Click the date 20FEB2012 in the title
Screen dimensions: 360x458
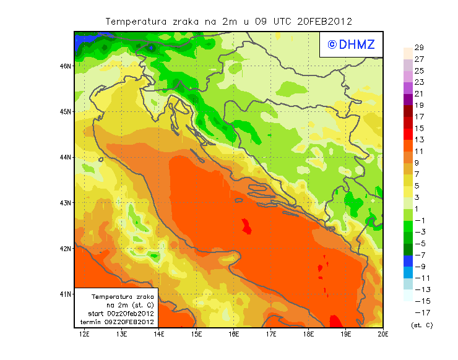click(x=324, y=21)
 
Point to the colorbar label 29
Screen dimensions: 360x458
click(x=418, y=48)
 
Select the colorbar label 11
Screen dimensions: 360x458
click(x=418, y=152)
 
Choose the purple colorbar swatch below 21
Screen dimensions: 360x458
click(x=407, y=100)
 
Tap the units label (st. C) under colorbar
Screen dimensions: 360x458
click(x=421, y=325)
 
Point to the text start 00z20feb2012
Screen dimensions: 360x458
click(x=121, y=314)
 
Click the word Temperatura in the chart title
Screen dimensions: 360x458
click(x=134, y=21)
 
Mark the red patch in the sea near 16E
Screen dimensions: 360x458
click(x=246, y=226)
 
